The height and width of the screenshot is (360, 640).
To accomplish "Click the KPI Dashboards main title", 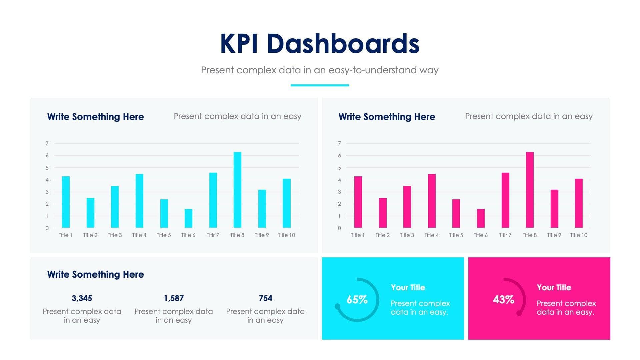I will [319, 44].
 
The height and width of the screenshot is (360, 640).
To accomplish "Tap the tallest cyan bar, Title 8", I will [237, 190].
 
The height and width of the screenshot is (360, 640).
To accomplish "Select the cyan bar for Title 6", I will [188, 218].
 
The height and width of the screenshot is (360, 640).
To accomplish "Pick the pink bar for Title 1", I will [358, 202].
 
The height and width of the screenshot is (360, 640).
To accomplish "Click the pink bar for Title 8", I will [530, 190].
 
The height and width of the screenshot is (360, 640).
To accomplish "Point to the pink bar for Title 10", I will [579, 203].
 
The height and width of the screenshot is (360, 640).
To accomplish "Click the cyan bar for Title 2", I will [90, 213].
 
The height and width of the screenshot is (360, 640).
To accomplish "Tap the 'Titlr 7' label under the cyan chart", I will [213, 235].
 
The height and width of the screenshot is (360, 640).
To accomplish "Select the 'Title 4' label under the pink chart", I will [431, 235].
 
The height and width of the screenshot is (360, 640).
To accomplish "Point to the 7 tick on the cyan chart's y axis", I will [47, 143].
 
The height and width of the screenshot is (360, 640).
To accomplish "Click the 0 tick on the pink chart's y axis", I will [339, 228].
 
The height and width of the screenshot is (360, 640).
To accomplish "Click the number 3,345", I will [82, 298].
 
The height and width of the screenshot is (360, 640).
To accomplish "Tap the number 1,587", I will [174, 298].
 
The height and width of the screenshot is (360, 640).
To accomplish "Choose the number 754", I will [265, 298].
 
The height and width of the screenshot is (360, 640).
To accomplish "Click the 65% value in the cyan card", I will [357, 299].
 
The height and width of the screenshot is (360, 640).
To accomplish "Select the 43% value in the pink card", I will [503, 299].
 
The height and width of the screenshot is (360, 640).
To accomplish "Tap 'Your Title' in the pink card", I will [554, 287].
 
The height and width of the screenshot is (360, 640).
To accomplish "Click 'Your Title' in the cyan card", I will [408, 287].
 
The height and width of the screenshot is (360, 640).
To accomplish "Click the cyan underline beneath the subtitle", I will [320, 85].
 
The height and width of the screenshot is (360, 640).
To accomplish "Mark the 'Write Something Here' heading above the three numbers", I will [95, 274].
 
